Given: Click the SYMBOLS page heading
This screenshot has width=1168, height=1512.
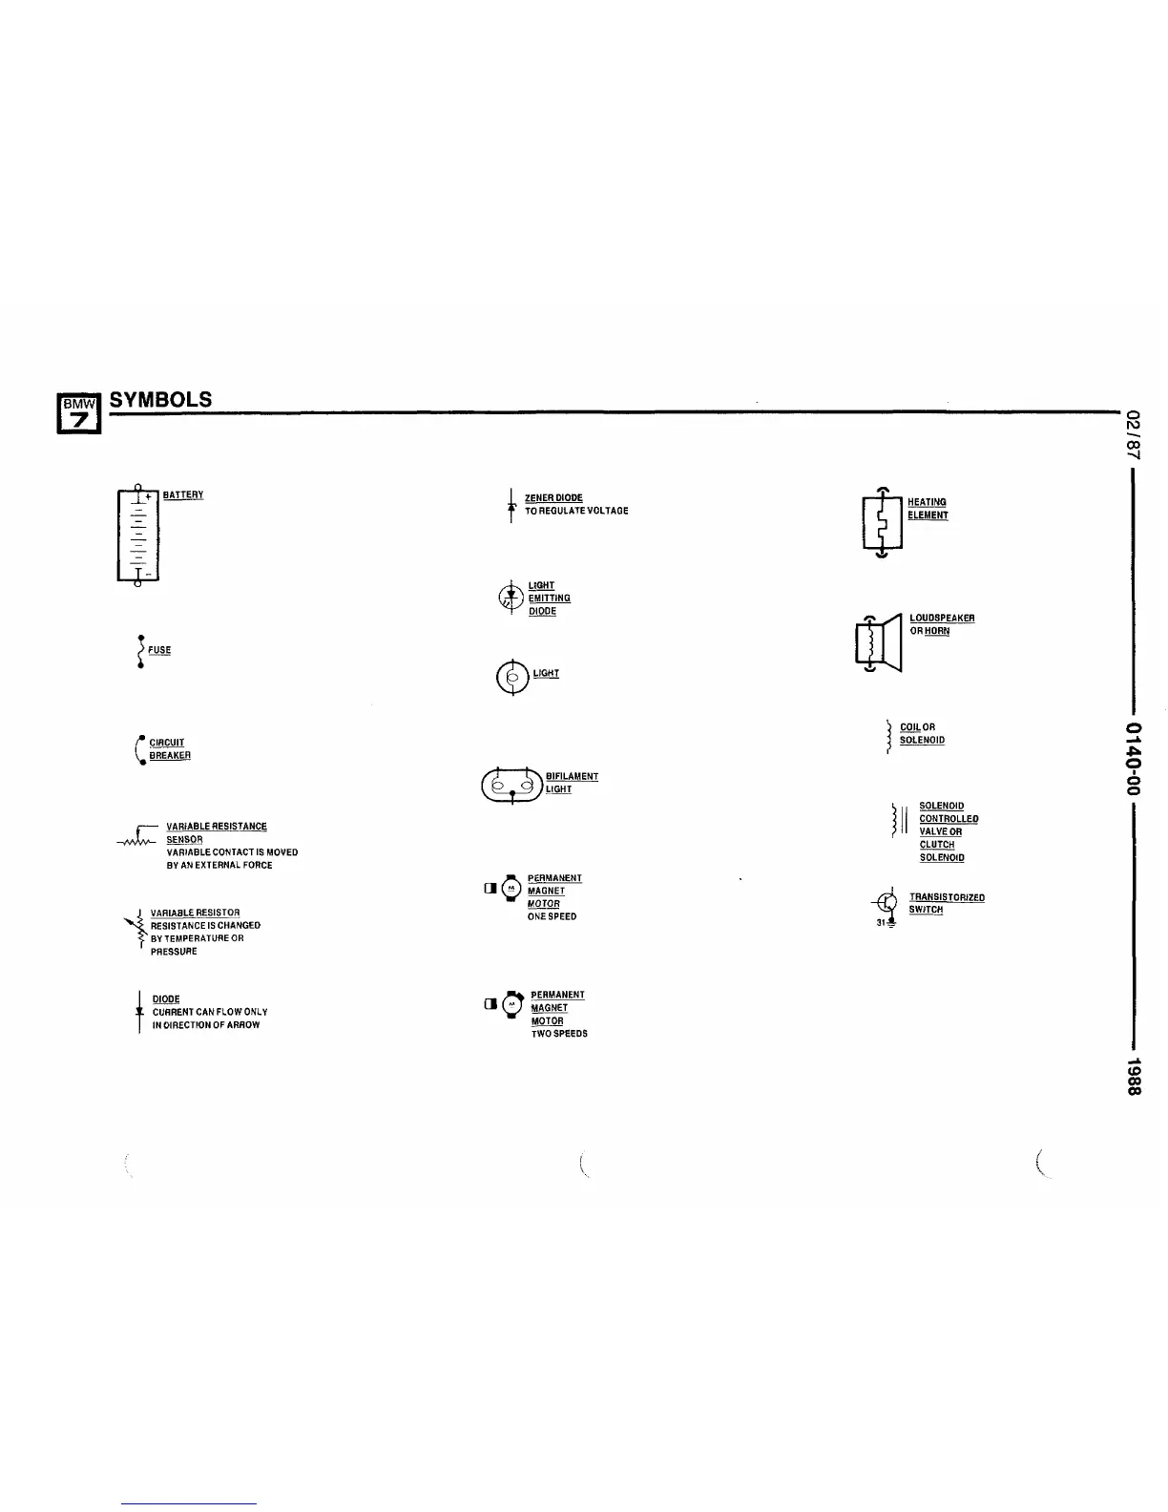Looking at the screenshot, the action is [x=160, y=400].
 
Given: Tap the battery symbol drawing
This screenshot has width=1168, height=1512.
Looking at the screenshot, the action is [x=138, y=535].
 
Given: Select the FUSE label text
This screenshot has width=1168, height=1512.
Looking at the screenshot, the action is [x=159, y=650].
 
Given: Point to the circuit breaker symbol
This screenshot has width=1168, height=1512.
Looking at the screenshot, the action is [x=140, y=750].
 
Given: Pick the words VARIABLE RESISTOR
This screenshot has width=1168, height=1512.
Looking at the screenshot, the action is [x=195, y=913].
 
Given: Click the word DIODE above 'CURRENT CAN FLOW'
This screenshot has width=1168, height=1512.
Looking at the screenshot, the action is [x=166, y=998].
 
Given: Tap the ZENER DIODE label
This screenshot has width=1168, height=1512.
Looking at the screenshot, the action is [x=553, y=497].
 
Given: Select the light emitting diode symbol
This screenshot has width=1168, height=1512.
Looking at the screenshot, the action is [x=511, y=598].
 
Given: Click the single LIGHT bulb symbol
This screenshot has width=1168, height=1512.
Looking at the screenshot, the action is [x=512, y=678].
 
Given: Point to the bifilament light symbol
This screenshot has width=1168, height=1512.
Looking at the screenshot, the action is [x=512, y=786].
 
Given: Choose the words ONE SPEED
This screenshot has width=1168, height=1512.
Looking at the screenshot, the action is [x=552, y=916].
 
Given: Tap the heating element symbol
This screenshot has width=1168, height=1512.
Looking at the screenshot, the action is [x=882, y=523].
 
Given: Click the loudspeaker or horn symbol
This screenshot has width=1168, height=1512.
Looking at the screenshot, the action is [x=879, y=642].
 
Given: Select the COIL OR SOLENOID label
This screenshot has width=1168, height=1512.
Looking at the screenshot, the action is [x=922, y=733].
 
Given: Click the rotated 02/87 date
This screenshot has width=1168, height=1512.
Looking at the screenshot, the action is [x=1133, y=431].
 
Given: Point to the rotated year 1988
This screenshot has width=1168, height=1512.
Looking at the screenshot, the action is [x=1133, y=1077].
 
